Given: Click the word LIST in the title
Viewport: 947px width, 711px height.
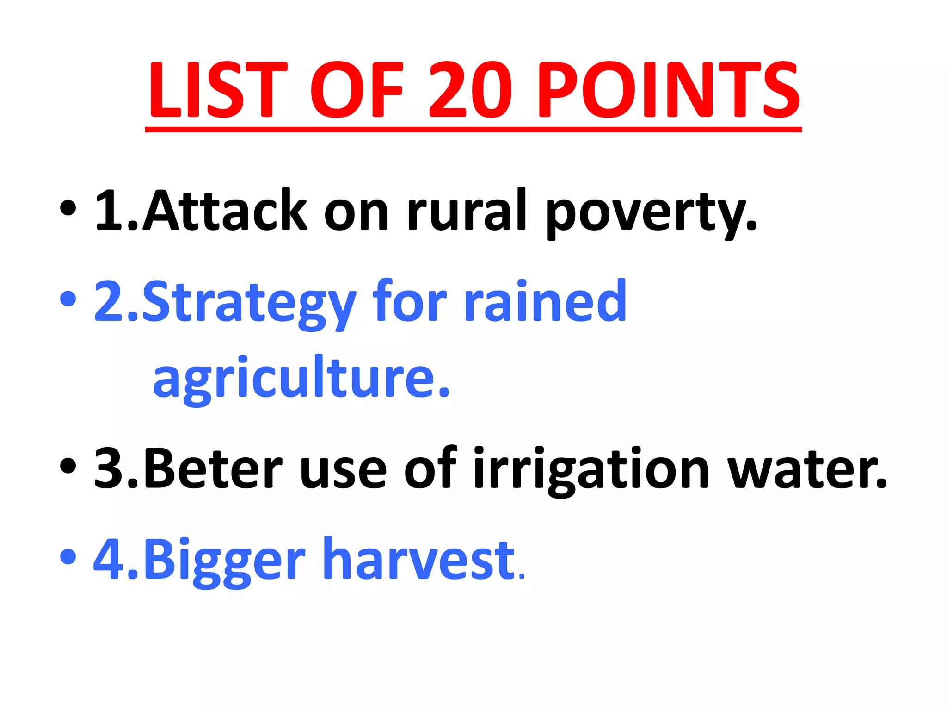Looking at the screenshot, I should pos(217,90).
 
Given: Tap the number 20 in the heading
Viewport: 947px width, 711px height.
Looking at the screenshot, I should pos(471,90).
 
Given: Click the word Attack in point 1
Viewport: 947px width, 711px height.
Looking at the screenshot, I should pos(224,211).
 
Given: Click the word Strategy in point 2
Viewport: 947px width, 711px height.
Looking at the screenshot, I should pos(250,303).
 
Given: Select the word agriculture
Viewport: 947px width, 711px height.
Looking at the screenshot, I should pos(301,377).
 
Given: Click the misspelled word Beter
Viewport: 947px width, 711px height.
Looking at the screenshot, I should pos(213,468).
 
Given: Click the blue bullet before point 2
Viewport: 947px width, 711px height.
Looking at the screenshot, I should pos(68,299).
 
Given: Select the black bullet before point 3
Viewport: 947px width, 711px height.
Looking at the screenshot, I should pos(68,466).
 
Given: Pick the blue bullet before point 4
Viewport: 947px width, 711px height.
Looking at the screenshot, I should pos(68,556).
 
